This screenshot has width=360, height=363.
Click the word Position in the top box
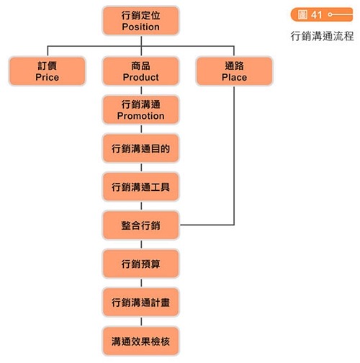click(140, 27)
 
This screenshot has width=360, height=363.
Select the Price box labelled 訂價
click(48, 71)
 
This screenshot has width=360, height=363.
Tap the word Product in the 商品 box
click(141, 77)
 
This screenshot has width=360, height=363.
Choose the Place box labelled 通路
click(235, 71)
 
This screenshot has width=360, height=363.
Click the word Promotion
click(141, 116)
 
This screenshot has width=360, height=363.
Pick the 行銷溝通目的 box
click(141, 148)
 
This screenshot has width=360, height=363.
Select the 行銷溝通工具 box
click(141, 187)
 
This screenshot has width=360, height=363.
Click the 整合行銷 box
click(141, 225)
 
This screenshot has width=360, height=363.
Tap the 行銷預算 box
click(141, 264)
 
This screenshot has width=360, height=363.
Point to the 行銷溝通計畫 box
click(141, 302)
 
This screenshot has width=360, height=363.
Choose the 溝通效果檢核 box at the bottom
click(141, 341)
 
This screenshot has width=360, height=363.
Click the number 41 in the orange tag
click(316, 15)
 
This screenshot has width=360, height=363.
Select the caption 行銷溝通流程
click(322, 36)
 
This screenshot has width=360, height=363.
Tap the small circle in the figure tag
click(330, 14)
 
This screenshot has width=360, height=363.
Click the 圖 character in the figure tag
click(302, 14)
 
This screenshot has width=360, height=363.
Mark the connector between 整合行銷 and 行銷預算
click(141, 244)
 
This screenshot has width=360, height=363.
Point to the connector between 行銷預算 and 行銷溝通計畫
click(141, 283)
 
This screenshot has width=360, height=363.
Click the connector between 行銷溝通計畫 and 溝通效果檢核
click(141, 321)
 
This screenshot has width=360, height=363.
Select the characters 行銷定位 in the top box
click(141, 15)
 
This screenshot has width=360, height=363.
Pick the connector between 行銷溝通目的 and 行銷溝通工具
click(141, 167)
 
